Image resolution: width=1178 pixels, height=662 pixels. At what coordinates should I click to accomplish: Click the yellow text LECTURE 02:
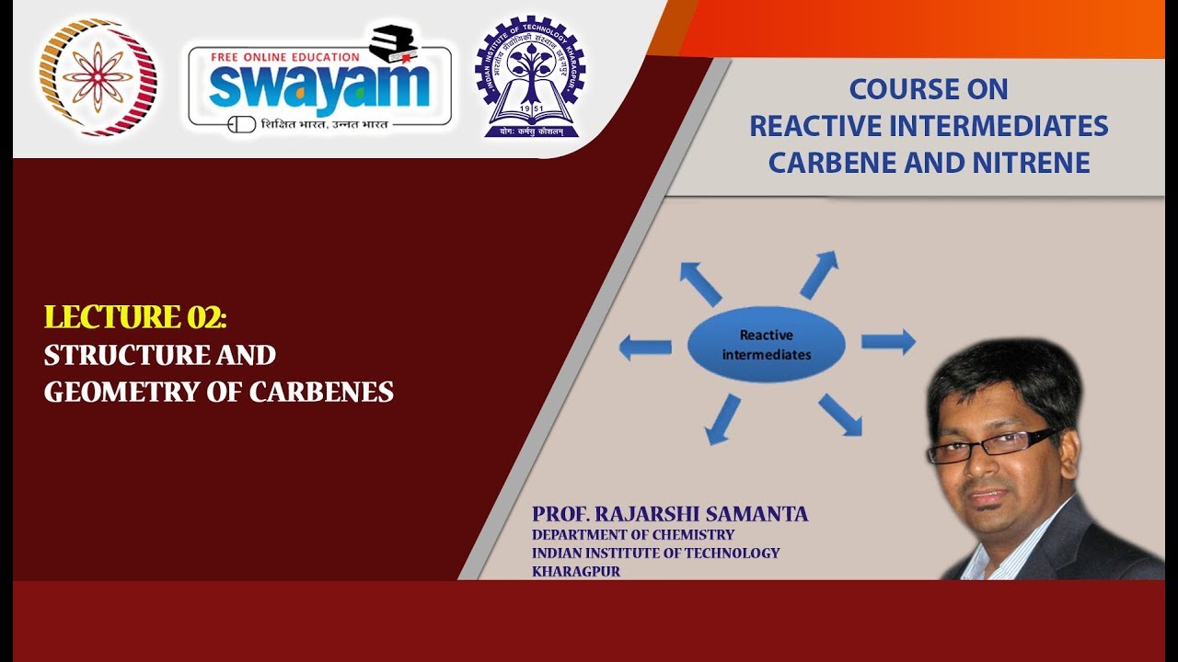pyautogui.click(x=134, y=317)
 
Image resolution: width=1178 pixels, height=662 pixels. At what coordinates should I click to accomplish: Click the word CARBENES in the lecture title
pyautogui.click(x=321, y=392)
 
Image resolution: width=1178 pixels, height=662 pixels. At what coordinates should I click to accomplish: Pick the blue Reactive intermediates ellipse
pyautogui.click(x=767, y=344)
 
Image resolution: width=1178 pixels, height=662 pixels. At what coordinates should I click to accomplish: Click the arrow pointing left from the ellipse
pyautogui.click(x=645, y=348)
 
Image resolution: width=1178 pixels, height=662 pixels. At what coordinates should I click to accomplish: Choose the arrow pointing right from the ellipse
pyautogui.click(x=888, y=341)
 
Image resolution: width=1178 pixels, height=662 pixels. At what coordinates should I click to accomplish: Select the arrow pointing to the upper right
pyautogui.click(x=819, y=274)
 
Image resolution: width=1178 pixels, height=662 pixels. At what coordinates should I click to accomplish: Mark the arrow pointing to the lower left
pyautogui.click(x=723, y=419)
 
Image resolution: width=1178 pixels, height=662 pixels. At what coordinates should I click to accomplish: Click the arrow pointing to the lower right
pyautogui.click(x=840, y=415)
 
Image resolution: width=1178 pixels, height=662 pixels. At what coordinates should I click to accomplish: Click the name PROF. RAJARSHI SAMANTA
pyautogui.click(x=669, y=514)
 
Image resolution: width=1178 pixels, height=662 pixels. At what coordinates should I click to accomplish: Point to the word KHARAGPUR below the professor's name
pyautogui.click(x=576, y=571)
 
